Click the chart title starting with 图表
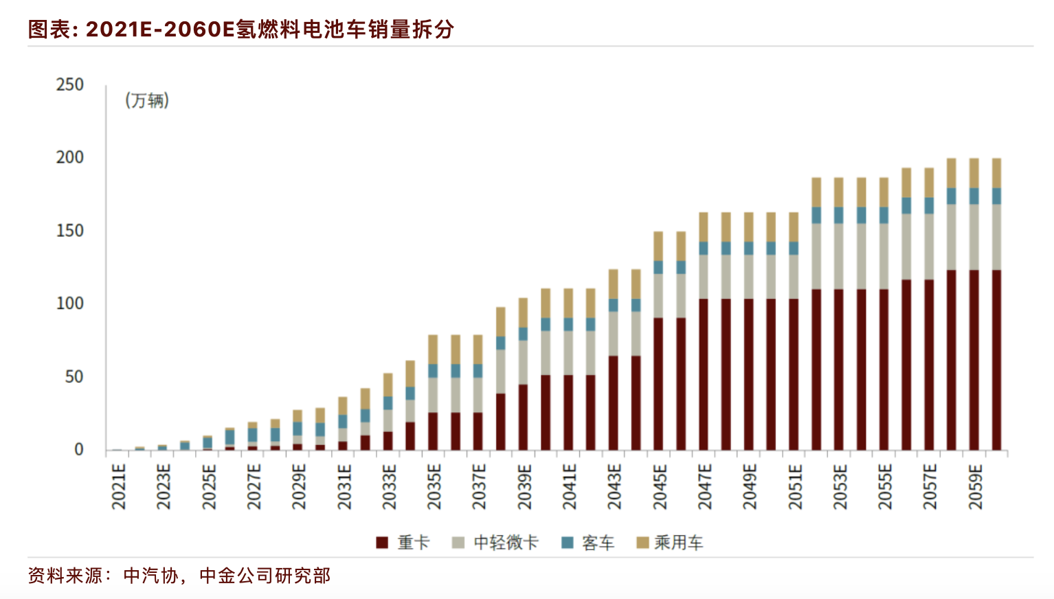click(240, 29)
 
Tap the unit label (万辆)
click(147, 101)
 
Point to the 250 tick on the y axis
click(69, 84)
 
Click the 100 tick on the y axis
click(69, 303)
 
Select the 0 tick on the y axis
click(78, 449)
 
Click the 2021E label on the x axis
click(119, 486)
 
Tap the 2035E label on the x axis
click(434, 486)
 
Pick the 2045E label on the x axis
click(660, 486)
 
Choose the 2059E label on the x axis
click(975, 486)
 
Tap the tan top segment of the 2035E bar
click(433, 349)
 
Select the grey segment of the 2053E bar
click(839, 256)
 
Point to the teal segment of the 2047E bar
click(704, 248)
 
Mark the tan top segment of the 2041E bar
click(568, 303)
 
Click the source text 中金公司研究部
click(265, 576)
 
